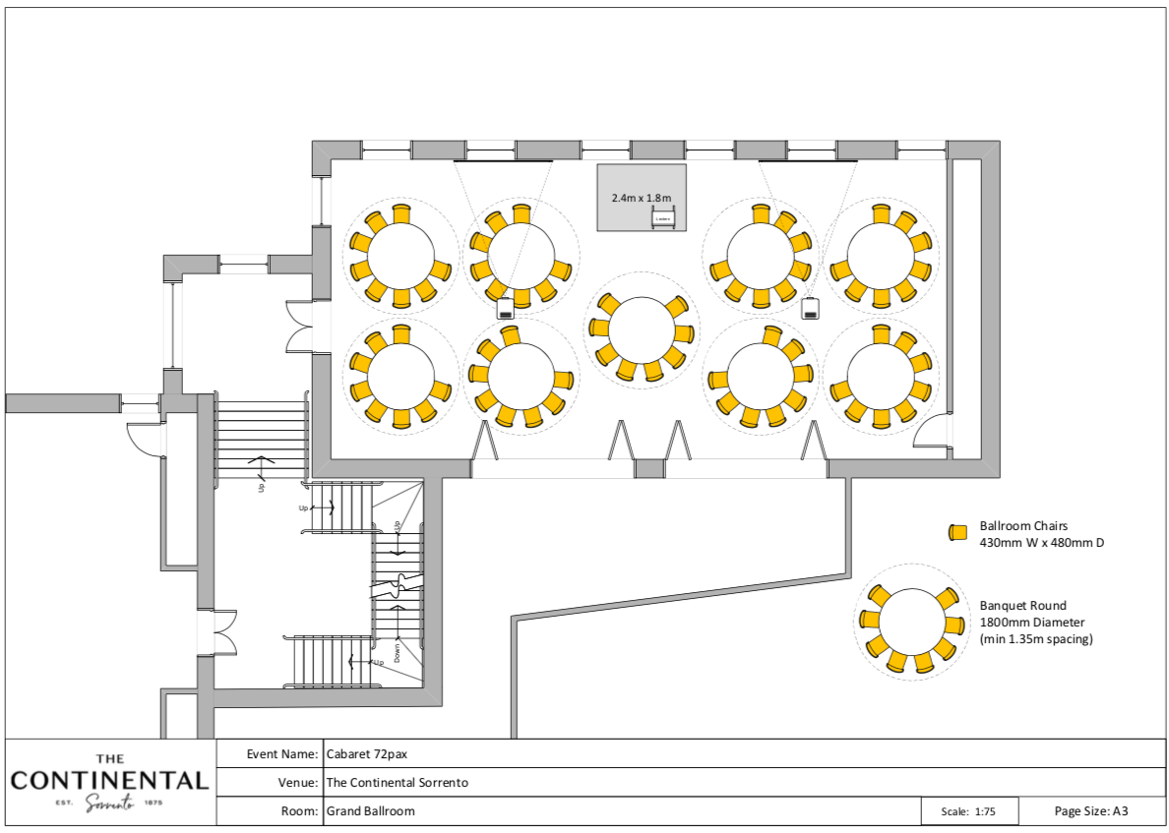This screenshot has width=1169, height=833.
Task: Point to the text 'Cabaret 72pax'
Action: click(366, 754)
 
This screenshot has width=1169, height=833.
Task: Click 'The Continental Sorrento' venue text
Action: click(397, 783)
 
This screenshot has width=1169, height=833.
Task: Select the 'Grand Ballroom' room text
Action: click(370, 811)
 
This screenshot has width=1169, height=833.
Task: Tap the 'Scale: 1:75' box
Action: click(968, 812)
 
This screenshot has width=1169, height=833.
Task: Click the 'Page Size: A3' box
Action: click(1090, 811)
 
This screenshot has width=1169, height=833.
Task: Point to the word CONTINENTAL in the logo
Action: click(109, 781)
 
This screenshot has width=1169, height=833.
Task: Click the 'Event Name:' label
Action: click(282, 754)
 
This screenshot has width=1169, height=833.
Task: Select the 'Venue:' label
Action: click(298, 783)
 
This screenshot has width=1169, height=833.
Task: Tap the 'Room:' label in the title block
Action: click(300, 811)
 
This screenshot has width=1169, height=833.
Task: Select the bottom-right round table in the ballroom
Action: click(880, 375)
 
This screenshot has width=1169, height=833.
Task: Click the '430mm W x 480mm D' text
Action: click(1041, 542)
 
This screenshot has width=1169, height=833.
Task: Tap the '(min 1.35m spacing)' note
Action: click(1036, 639)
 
